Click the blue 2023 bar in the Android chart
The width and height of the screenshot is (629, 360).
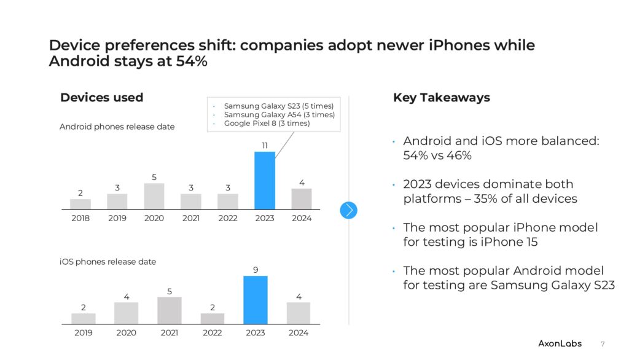[x=265, y=181]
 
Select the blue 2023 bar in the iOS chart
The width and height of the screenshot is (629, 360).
[x=256, y=300]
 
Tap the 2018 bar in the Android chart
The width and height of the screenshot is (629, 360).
[x=80, y=204]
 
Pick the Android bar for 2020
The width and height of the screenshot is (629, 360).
[x=154, y=197]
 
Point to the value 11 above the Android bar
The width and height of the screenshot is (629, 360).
[x=265, y=146]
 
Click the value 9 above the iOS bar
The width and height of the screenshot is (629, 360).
[x=256, y=269]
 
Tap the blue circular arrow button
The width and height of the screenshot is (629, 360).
[x=348, y=210]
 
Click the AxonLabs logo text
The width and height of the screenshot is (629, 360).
[x=560, y=343]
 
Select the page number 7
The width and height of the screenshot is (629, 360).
[x=602, y=343]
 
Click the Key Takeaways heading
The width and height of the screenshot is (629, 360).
[x=441, y=98]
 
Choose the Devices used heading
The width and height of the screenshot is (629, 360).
[x=101, y=98]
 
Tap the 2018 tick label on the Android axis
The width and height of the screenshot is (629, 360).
[x=80, y=218]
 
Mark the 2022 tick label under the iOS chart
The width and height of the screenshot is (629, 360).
[x=213, y=333]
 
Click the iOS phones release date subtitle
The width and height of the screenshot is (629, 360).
[x=107, y=262]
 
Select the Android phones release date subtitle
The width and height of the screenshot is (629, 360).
[x=117, y=127]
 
